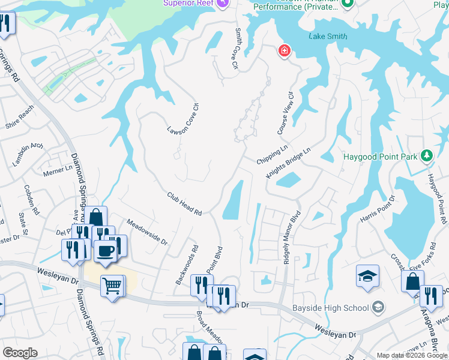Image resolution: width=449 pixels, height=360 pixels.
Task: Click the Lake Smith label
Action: coord(327,36)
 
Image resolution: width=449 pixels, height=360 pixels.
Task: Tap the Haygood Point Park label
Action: coord(381,157)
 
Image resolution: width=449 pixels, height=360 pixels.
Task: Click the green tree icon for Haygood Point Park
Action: coord(427,157)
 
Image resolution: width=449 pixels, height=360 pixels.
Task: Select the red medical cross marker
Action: coord(283,52)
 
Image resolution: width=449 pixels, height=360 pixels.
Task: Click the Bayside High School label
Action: coord(330,308)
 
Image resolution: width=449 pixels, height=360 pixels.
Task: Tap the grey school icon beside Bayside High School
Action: coord(378,308)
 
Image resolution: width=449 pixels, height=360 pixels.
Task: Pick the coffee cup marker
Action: coord(106,251)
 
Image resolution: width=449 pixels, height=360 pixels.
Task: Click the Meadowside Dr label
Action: coord(148,231)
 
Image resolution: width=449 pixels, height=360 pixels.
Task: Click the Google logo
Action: coord(20,352)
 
